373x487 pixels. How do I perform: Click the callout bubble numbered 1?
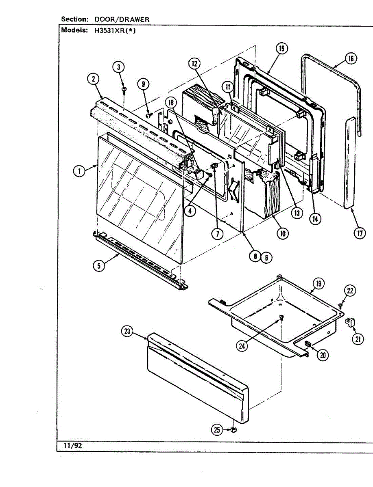[x=79, y=172]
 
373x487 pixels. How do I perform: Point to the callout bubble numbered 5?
[x=98, y=266]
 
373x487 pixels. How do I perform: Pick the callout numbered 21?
[x=358, y=339]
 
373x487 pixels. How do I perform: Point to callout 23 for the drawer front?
[x=127, y=332]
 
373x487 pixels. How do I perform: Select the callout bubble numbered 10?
[x=282, y=233]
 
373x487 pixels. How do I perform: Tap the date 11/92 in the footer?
[x=73, y=446]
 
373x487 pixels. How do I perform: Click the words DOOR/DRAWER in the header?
[x=122, y=19]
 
